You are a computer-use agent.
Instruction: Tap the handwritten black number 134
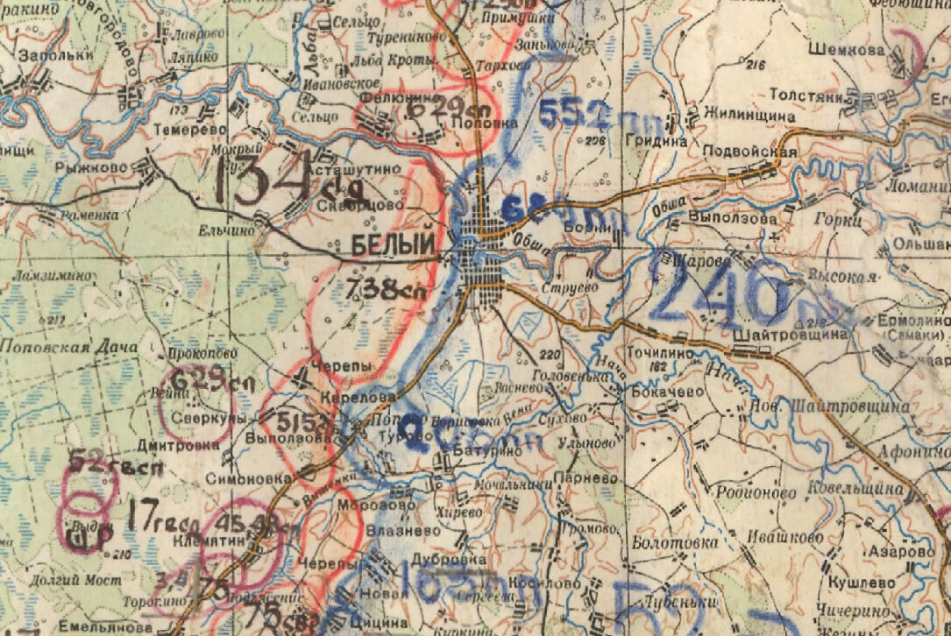(263, 179)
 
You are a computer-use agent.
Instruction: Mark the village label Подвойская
(750, 152)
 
